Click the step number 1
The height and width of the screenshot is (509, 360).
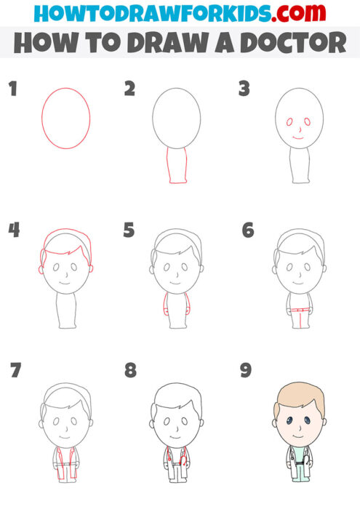point(12,89)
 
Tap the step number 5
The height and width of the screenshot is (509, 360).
point(129,231)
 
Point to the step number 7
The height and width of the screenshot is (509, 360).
point(15,371)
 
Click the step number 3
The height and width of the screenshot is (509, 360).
point(244,89)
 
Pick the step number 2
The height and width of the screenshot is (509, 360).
point(129,89)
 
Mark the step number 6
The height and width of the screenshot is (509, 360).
point(247,231)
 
